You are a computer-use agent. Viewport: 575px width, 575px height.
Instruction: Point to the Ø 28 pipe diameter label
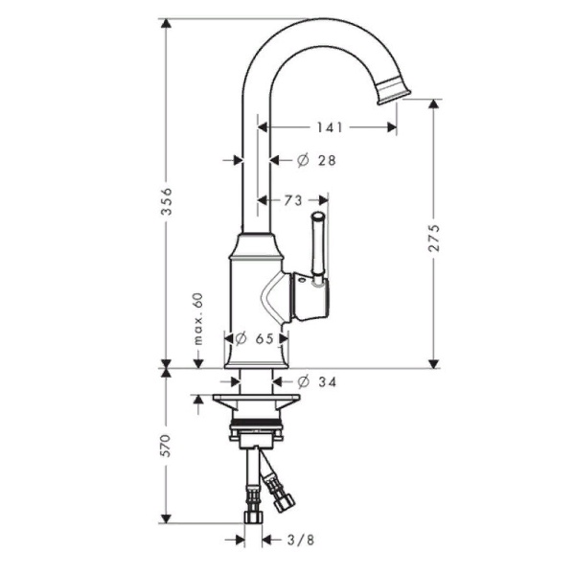coord(317,161)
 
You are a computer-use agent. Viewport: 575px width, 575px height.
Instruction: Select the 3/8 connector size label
coord(300,540)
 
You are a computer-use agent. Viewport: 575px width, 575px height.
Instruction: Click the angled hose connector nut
coord(283,499)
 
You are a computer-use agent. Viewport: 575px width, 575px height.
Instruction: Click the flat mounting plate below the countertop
coord(255,396)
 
